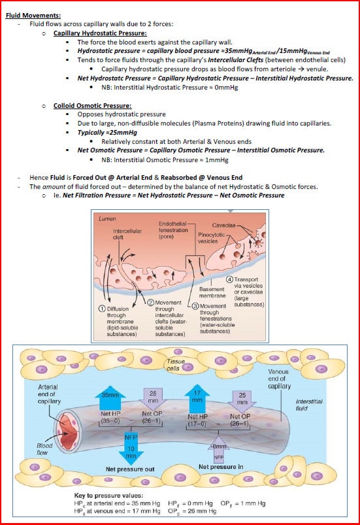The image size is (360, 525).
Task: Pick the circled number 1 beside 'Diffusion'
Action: [102, 309]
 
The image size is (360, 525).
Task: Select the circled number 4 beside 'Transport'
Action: [229, 280]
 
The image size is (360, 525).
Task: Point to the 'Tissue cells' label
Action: [176, 364]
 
